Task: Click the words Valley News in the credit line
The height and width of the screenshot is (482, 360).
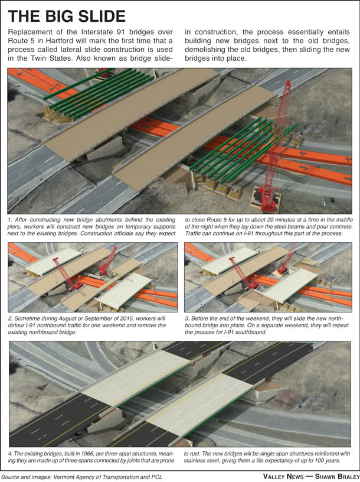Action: [283, 476]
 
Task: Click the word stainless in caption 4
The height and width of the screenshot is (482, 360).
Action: [196, 461]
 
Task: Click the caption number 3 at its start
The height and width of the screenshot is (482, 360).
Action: [187, 318]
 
